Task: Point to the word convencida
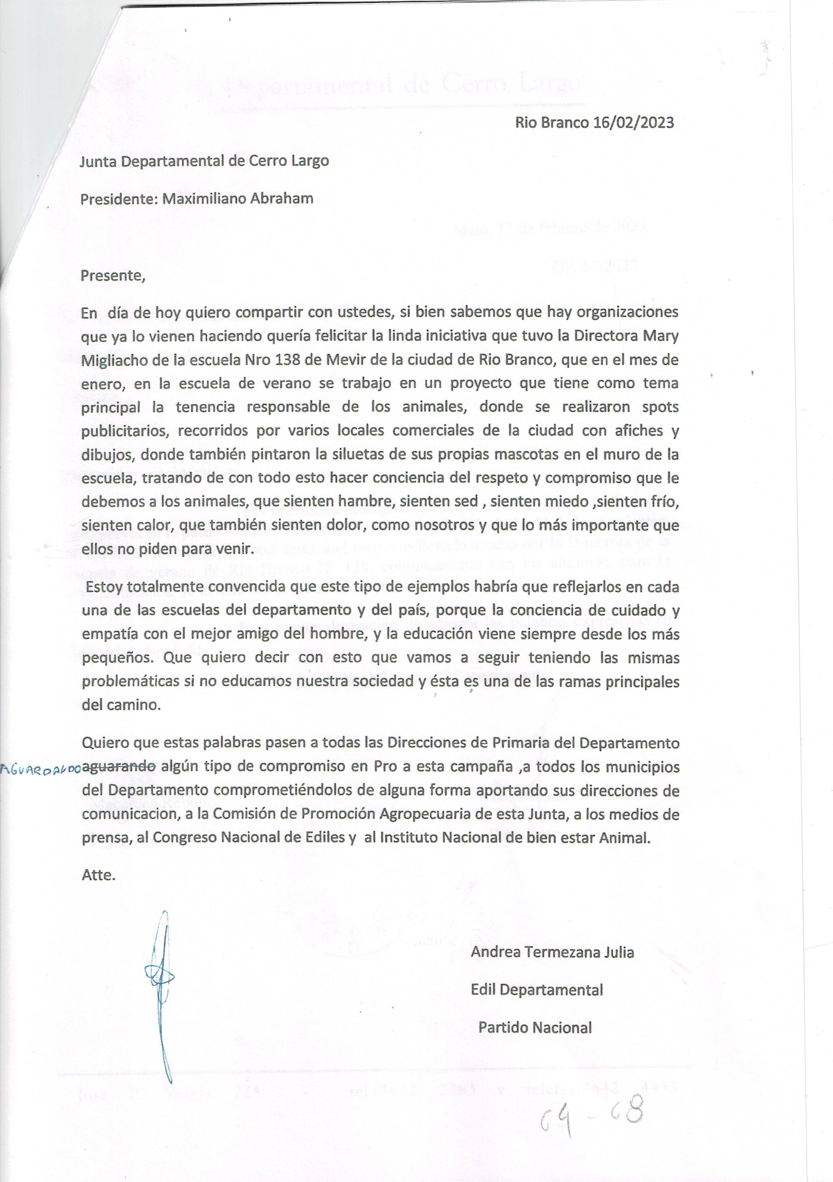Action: click(247, 587)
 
